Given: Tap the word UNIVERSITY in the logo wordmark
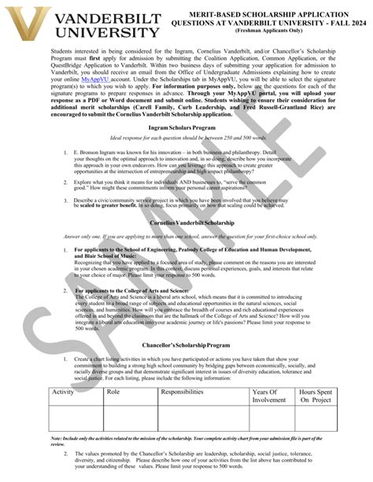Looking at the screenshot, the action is [x=107, y=31].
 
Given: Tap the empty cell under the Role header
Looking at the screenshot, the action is [x=129, y=418].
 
